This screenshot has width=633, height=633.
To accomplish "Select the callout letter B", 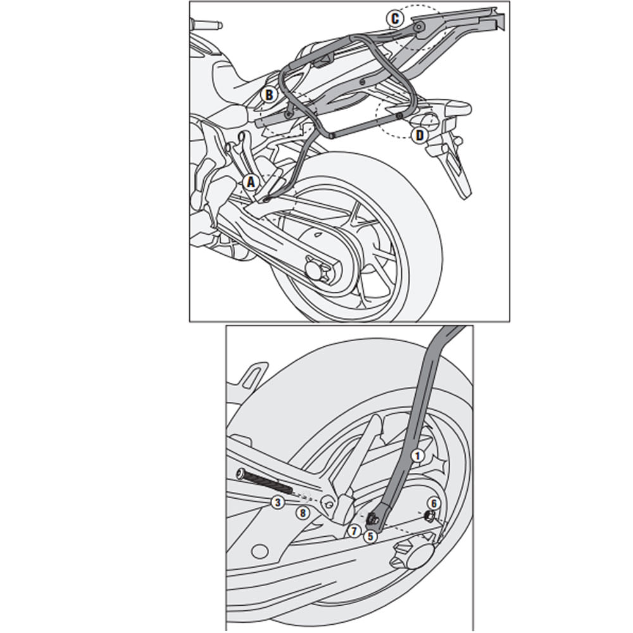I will (268, 95).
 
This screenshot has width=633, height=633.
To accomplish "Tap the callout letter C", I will (395, 19).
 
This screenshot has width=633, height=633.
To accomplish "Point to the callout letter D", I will (418, 135).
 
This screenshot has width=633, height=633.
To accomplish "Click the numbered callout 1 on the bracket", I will (416, 455).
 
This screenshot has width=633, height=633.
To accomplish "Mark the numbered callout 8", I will (303, 513).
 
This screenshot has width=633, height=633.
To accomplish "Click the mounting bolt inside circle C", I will (418, 27).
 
